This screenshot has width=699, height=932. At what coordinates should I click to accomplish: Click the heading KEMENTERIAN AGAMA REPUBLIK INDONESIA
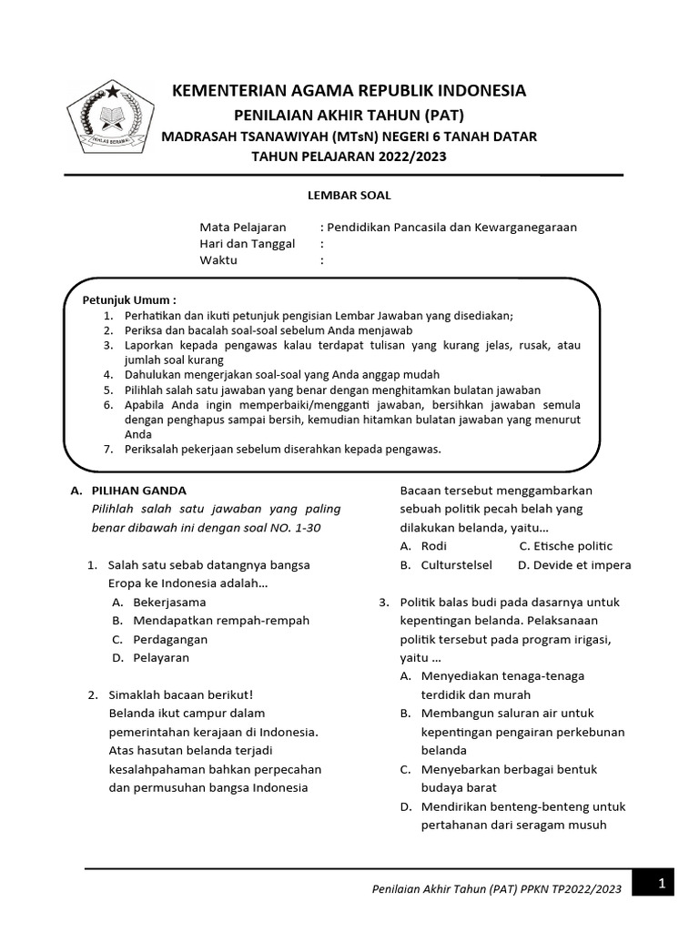349,91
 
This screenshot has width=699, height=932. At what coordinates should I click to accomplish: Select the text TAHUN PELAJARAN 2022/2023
349,157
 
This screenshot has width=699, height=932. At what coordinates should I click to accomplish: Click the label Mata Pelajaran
242,228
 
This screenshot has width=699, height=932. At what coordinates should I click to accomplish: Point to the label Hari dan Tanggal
248,244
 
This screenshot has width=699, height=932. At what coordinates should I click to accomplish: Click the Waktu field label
218,260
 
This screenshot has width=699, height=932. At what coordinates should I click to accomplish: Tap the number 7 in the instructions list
106,449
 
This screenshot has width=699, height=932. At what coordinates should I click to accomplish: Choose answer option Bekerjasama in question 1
169,602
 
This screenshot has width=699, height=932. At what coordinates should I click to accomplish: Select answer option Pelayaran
161,658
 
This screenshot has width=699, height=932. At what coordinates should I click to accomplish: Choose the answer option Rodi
434,546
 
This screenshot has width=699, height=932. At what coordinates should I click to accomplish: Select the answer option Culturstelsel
456,565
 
